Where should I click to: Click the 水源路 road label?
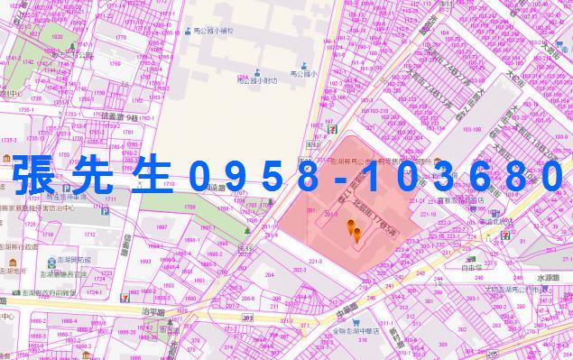tap(546, 278)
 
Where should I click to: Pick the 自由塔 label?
tap(473, 267)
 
